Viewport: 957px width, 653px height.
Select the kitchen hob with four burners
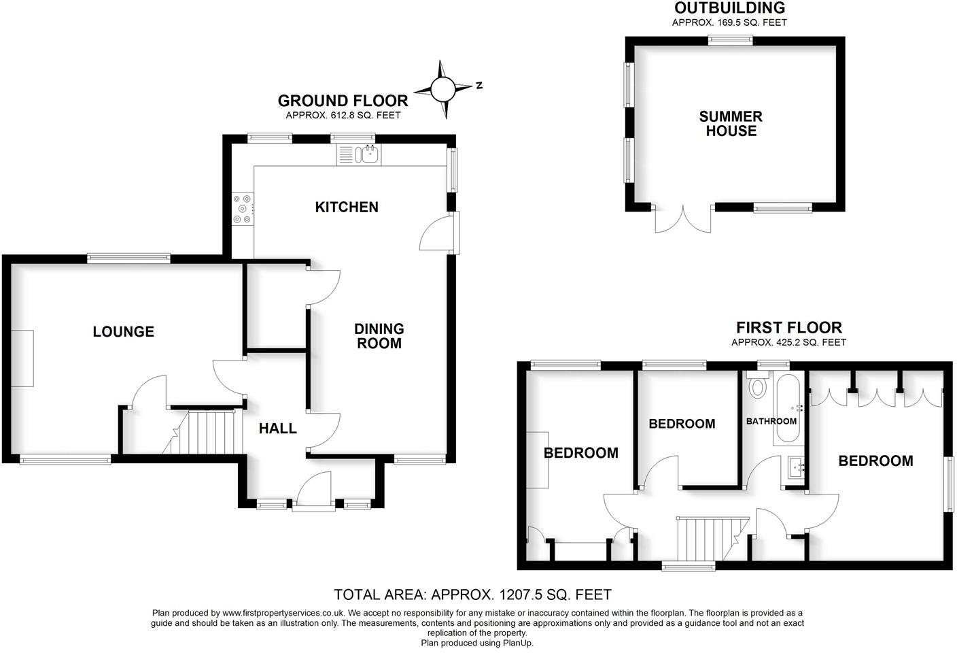pyautogui.click(x=243, y=210)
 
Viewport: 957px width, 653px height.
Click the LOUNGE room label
pyautogui.click(x=124, y=332)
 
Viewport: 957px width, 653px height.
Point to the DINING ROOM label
pyautogui.click(x=379, y=336)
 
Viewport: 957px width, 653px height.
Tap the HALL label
pyautogui.click(x=278, y=429)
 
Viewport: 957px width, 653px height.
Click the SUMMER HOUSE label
pyautogui.click(x=731, y=124)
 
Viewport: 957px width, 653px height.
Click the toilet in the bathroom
pyautogui.click(x=756, y=386)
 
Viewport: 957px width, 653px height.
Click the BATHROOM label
pyautogui.click(x=771, y=422)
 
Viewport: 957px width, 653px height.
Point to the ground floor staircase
pyautogui.click(x=207, y=431)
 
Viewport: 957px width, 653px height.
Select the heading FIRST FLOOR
pyautogui.click(x=788, y=328)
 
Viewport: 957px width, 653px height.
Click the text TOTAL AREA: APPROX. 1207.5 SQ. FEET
pyautogui.click(x=472, y=595)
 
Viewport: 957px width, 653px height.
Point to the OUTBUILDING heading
pyautogui.click(x=729, y=8)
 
